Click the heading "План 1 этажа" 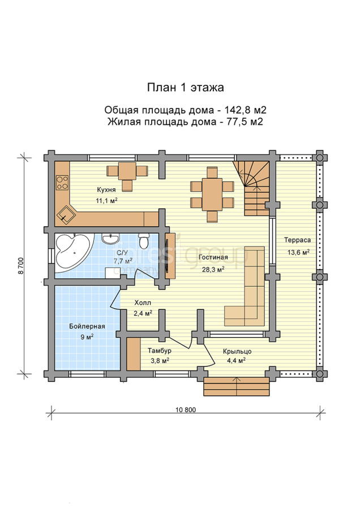pyautogui.click(x=185, y=88)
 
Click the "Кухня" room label pyautogui.click(x=106, y=190)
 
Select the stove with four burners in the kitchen pyautogui.click(x=62, y=183)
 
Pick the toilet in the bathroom pyautogui.click(x=143, y=240)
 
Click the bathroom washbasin pyautogui.click(x=110, y=239)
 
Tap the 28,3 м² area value pyautogui.click(x=213, y=269)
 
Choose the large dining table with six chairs pyautogui.click(x=212, y=194)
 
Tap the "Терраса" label pyautogui.click(x=297, y=240)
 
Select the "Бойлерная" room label pyautogui.click(x=87, y=326)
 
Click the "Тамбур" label pyautogui.click(x=160, y=351)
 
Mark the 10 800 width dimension pyautogui.click(x=186, y=409)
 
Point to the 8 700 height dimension pyautogui.click(x=21, y=266)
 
